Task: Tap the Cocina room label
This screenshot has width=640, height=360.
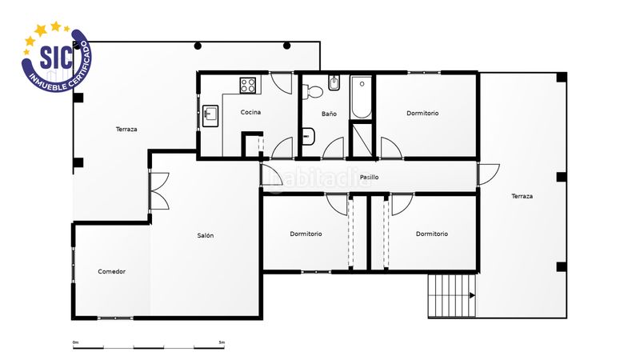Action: (x=250, y=113)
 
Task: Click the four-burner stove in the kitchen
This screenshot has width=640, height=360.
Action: (x=248, y=84)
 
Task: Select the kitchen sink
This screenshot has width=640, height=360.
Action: (x=210, y=115)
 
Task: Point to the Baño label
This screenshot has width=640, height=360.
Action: (x=329, y=114)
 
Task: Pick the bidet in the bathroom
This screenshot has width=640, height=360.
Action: (x=334, y=84)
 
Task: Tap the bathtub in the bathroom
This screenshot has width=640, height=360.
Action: (x=362, y=98)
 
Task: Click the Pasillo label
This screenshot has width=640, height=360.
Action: (x=369, y=177)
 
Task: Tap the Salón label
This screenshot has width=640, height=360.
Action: (x=206, y=235)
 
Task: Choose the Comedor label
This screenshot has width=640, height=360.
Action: (x=112, y=271)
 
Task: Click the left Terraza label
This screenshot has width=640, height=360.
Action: (x=126, y=129)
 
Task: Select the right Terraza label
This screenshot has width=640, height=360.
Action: (x=522, y=196)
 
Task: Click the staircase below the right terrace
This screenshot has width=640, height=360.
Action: (x=452, y=295)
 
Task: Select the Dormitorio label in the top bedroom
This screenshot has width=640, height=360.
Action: (x=422, y=114)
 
